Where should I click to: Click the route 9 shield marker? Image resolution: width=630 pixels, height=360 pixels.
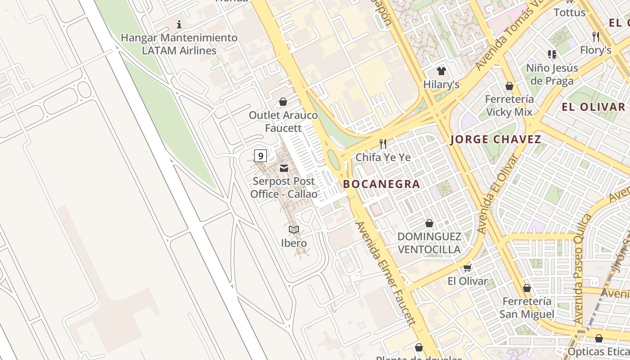(260, 156)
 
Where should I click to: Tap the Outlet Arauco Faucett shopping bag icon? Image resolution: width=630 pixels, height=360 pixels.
(283, 102)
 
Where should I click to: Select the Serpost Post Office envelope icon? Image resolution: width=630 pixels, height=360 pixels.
(284, 168)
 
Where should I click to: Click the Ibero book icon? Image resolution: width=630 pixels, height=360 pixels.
(294, 230)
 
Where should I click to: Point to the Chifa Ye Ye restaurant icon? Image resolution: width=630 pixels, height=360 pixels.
(383, 144)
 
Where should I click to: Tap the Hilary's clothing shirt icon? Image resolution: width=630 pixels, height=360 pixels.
(441, 71)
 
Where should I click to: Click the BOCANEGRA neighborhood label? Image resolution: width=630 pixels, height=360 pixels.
(382, 184)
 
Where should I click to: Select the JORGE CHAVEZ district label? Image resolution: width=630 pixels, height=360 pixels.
(496, 139)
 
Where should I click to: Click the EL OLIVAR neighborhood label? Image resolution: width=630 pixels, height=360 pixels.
(594, 107)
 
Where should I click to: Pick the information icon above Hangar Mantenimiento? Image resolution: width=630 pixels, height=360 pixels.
(179, 24)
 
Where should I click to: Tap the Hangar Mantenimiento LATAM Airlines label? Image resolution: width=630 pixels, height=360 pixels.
(179, 44)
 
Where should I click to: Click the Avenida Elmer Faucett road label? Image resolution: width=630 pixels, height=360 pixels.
(385, 273)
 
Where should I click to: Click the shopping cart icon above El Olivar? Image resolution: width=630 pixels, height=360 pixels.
(467, 268)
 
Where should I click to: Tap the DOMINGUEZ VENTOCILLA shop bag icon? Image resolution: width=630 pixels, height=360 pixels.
(429, 223)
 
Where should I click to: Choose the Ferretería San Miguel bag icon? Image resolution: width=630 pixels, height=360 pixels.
(526, 288)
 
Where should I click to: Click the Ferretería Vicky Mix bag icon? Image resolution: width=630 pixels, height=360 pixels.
(509, 86)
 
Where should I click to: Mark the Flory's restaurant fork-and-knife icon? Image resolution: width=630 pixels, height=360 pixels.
(596, 36)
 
